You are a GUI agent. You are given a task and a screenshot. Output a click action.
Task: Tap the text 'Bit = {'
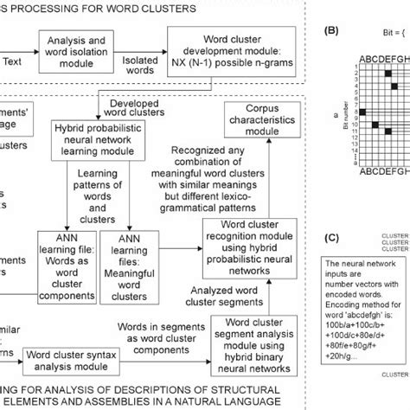tap(378, 35)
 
